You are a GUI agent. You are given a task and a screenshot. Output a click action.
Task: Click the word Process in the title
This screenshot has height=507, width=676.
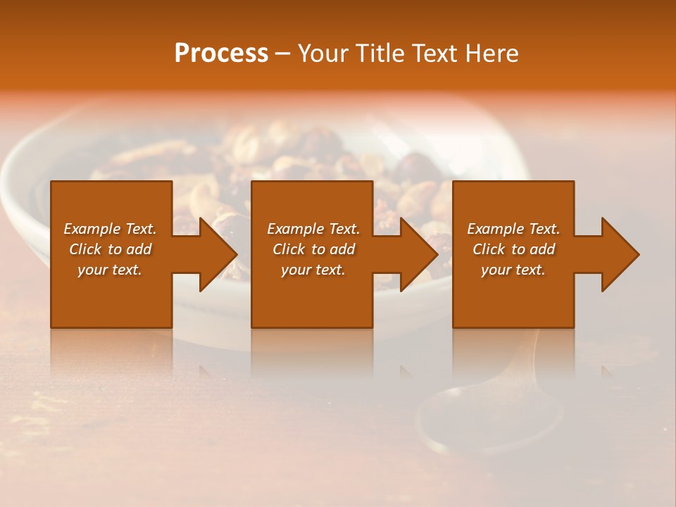coord(221,54)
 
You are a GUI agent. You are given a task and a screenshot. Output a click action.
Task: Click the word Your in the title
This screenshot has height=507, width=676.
coord(325,54)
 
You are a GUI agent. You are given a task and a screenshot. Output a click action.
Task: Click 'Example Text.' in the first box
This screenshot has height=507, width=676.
coord(110,229)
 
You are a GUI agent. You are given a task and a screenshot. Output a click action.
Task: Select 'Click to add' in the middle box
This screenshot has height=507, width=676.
coord(313,249)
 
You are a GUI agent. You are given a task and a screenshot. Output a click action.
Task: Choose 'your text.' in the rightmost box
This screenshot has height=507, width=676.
coord(513,270)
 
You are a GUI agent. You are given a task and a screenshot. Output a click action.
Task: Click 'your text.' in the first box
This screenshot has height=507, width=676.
coord(110,270)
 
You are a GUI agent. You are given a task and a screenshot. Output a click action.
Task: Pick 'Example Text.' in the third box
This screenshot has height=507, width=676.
coord(513,229)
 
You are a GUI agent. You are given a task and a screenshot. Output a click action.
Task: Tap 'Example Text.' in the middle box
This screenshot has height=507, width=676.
coord(313,229)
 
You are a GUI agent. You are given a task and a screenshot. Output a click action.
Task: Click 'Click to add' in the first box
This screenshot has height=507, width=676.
coord(110,249)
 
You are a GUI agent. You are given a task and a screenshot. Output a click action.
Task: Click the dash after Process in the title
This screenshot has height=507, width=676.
coord(282,54)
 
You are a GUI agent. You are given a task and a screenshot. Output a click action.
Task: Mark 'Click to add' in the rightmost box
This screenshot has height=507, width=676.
coord(513,249)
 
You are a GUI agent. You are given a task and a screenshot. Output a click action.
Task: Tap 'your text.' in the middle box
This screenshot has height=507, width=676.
coord(313,270)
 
